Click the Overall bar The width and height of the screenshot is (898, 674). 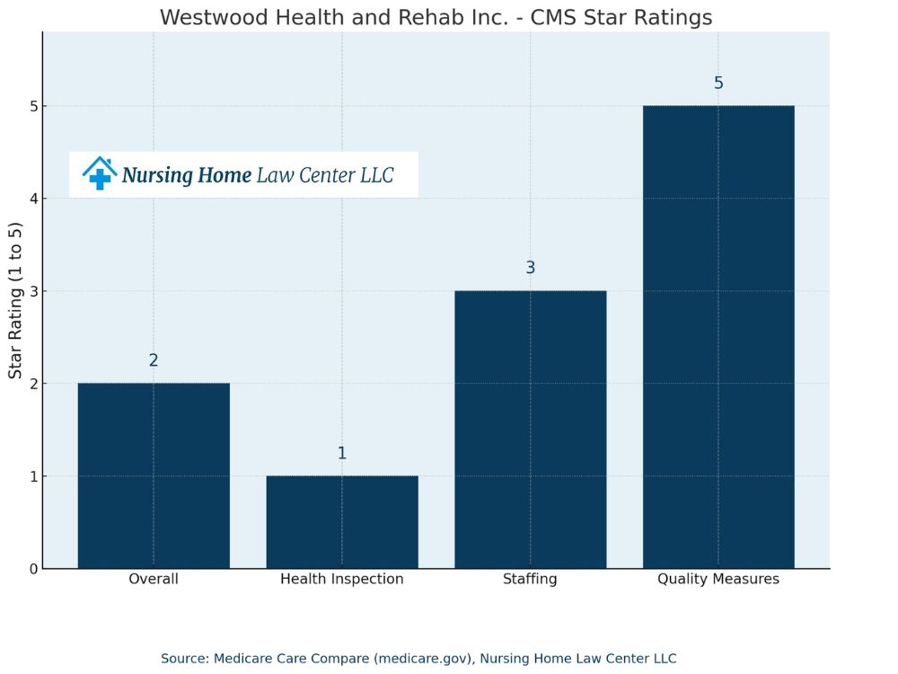point(154,475)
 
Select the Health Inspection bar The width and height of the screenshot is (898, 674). point(342,522)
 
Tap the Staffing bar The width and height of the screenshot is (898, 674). point(530,430)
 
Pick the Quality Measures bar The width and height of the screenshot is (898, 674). point(718,337)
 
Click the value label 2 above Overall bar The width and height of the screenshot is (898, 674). point(154,360)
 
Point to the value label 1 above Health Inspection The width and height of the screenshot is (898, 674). point(342,453)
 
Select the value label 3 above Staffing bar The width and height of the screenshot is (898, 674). point(530,268)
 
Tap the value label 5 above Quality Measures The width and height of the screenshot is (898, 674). point(718,84)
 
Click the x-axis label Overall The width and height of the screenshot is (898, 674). point(154,580)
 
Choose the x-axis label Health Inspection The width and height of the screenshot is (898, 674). point(342,580)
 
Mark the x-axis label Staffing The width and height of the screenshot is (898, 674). point(530,580)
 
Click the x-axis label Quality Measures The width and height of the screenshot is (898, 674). point(718,580)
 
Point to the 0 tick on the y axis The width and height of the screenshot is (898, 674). point(33,569)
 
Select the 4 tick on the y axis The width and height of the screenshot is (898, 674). point(33,199)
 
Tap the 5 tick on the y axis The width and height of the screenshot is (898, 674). point(33,106)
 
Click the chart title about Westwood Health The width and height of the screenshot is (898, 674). point(436,18)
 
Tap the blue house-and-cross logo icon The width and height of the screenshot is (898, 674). point(100,173)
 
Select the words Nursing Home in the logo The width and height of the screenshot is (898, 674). point(187,175)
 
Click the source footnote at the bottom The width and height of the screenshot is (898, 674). point(418,659)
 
